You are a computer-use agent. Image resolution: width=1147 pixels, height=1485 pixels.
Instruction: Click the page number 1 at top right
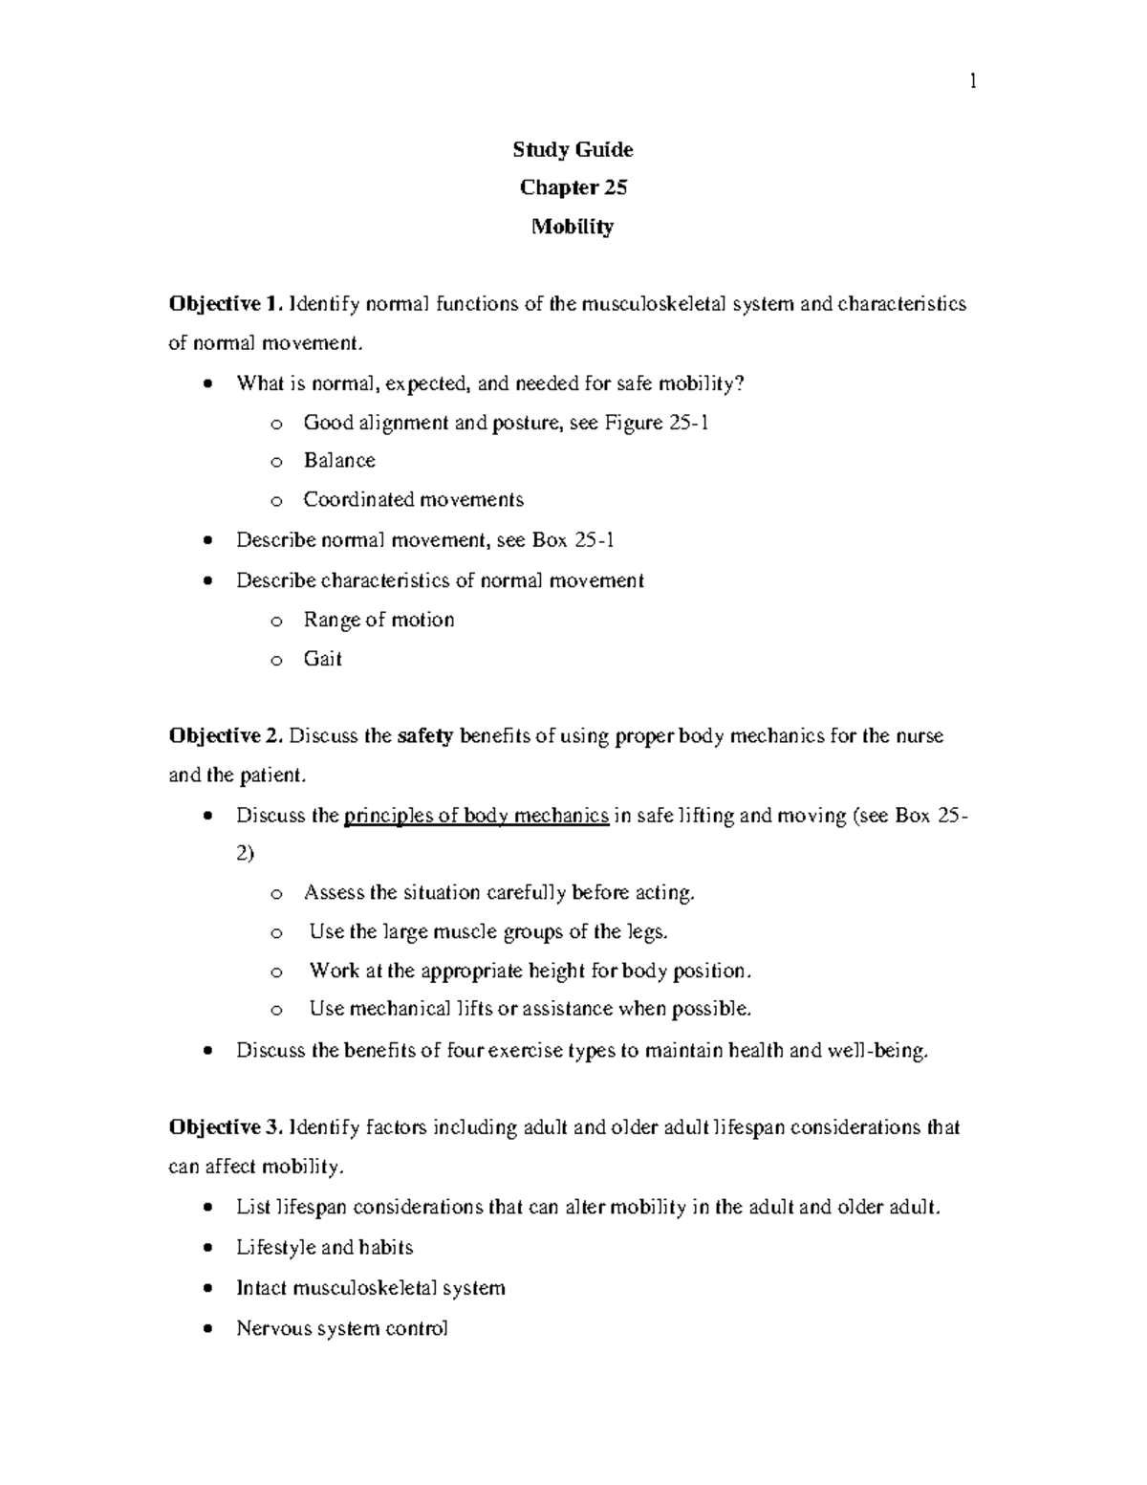coord(973,82)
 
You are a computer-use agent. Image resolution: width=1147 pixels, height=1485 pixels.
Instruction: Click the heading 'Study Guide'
coord(573,149)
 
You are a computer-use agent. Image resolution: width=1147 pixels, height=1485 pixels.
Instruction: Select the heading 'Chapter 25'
coord(573,187)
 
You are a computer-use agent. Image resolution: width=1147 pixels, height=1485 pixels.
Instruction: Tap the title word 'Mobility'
coord(573,227)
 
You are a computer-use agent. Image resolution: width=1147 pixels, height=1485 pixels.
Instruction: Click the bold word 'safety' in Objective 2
coord(424,735)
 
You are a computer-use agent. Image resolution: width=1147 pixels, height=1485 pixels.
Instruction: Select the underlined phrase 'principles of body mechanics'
coord(476,816)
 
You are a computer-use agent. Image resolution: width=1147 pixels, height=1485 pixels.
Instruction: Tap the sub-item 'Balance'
coord(339,460)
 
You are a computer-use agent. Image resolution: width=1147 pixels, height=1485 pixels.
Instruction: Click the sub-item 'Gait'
coord(322,658)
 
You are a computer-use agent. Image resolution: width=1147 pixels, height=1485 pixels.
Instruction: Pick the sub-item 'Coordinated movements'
coord(413,499)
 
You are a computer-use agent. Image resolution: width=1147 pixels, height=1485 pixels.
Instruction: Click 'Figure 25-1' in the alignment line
coord(657,422)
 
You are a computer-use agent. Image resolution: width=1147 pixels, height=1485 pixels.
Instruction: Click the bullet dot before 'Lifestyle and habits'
coord(209,1249)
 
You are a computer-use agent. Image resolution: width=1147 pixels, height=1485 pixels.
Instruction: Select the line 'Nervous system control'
coord(341,1328)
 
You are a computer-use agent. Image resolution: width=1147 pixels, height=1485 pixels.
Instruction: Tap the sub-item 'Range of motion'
coord(379,620)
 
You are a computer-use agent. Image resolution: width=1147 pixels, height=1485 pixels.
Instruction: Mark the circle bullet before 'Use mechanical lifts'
coord(276,1010)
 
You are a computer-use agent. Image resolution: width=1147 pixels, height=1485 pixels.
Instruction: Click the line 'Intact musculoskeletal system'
coord(370,1288)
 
